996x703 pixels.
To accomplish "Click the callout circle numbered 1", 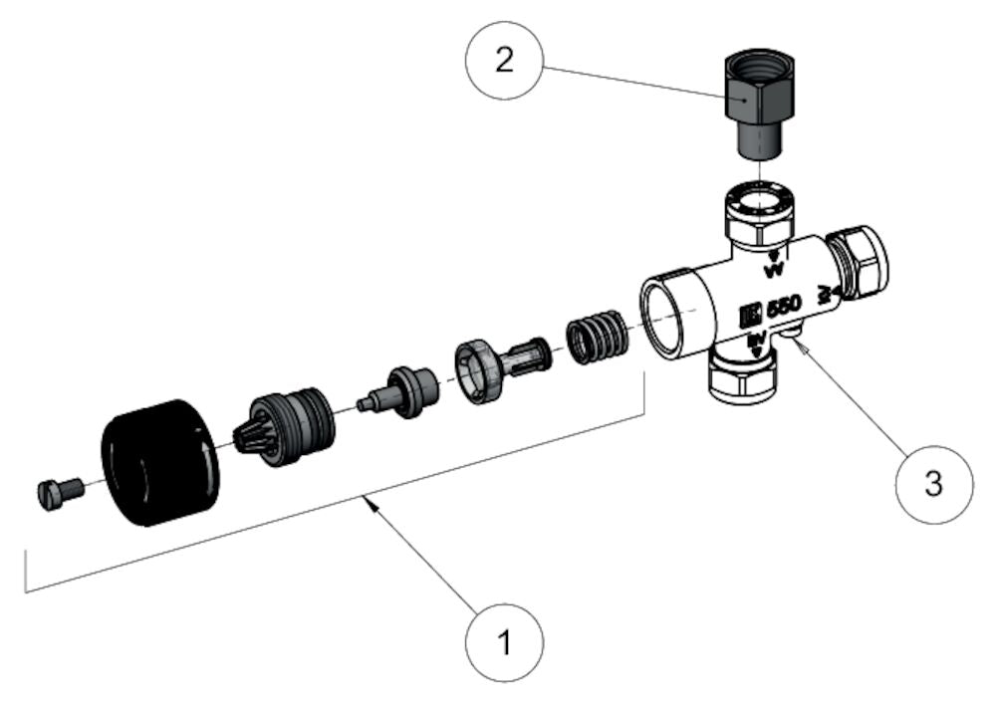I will point(505,640).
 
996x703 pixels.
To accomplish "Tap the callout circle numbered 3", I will point(932,483).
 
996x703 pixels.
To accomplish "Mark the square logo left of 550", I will point(749,317).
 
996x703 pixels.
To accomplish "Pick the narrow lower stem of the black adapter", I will point(757,141).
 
